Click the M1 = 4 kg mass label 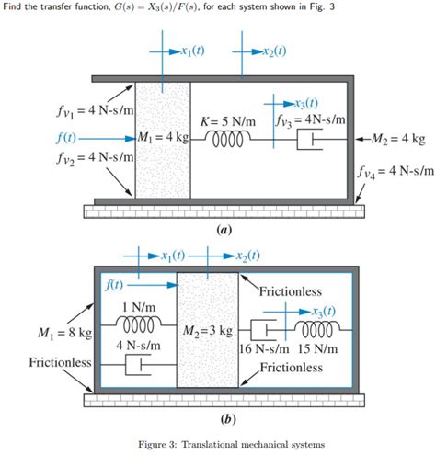pyautogui.click(x=162, y=139)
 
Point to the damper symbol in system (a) pyautogui.click(x=309, y=140)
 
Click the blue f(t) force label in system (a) pyautogui.click(x=65, y=139)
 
